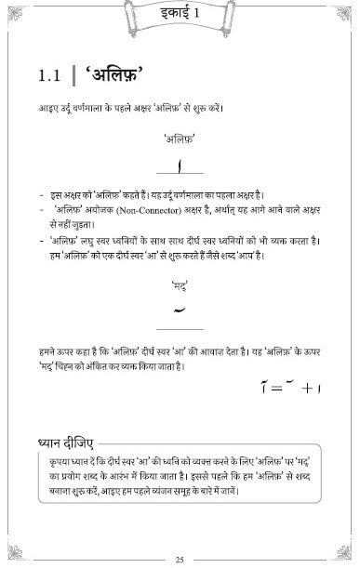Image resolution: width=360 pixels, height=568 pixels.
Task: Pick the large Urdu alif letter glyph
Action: [180, 165]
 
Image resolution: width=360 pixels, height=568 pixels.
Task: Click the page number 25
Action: [180, 558]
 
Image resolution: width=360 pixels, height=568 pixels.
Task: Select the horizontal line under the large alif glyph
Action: [180, 174]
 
